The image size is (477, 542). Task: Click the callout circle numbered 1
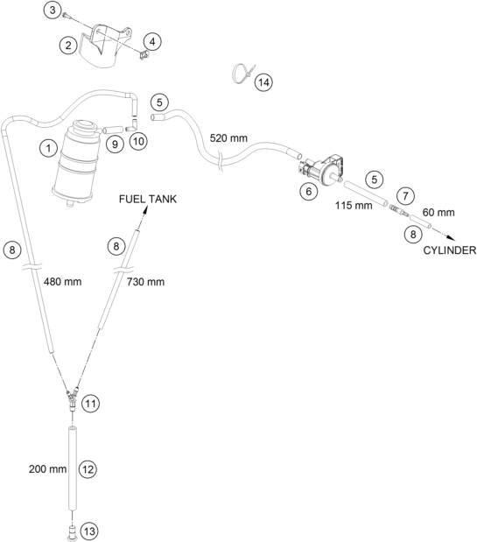click(48, 148)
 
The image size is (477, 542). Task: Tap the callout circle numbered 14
click(263, 82)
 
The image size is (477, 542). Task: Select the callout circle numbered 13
click(89, 531)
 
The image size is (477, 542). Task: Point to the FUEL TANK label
click(148, 199)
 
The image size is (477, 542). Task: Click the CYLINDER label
click(450, 250)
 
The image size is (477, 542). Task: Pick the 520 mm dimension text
click(228, 138)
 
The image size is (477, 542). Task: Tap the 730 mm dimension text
click(145, 282)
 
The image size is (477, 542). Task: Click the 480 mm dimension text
click(62, 282)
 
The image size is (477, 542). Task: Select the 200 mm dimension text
click(47, 469)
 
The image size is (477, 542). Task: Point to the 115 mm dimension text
click(354, 205)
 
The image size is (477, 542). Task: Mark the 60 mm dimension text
click(438, 212)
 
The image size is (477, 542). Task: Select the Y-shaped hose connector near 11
click(73, 398)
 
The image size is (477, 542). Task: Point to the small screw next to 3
click(66, 15)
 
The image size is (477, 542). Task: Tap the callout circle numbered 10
click(138, 141)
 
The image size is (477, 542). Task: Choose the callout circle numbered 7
click(405, 196)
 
